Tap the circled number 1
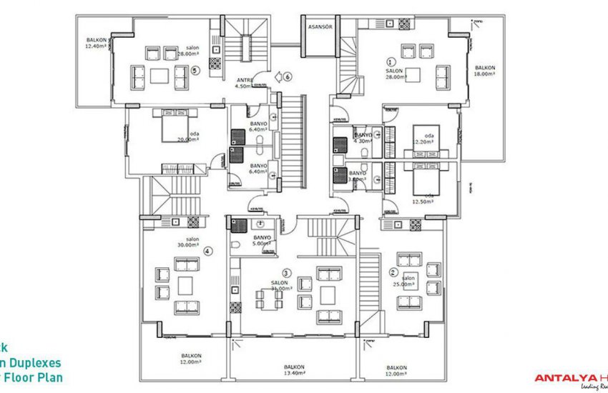click(x=391, y=61)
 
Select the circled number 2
click(x=393, y=272)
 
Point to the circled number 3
click(x=286, y=272)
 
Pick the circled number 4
click(x=207, y=251)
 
